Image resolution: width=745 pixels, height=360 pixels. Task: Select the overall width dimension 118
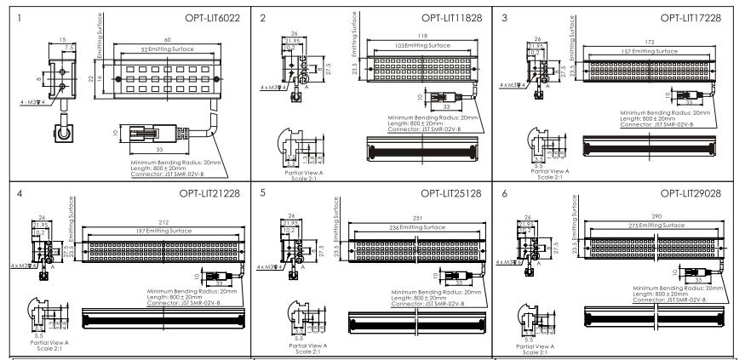418,36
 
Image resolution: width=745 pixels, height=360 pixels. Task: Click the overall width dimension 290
656,217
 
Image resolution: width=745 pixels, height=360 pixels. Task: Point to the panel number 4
20,193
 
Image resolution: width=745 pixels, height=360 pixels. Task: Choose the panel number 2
263,16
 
